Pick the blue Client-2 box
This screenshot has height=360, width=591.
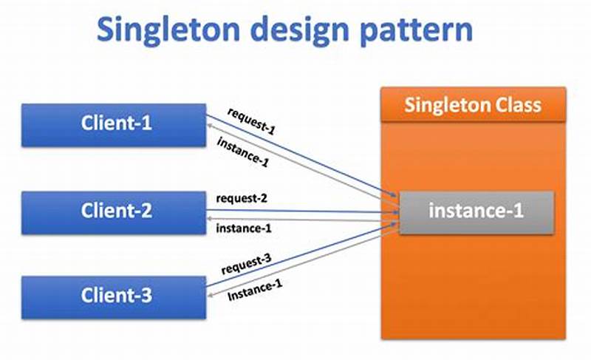click(114, 211)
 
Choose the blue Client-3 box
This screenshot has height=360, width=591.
click(114, 296)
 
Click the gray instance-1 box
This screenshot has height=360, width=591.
click(476, 211)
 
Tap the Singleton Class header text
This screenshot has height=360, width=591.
click(473, 104)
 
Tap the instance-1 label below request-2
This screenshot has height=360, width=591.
click(243, 228)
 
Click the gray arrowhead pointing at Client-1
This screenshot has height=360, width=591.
click(211, 127)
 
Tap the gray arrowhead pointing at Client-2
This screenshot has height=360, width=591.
click(211, 218)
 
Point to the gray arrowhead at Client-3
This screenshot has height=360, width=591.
click(211, 298)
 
